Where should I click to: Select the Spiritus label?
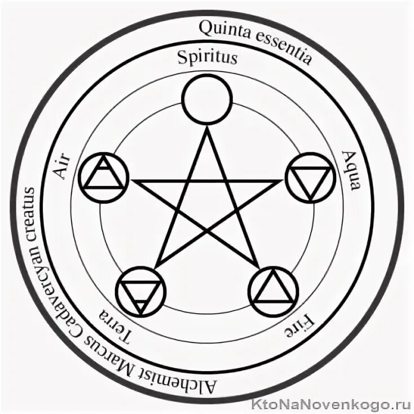[x=207, y=58]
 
